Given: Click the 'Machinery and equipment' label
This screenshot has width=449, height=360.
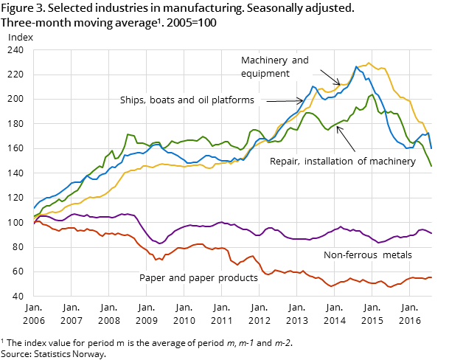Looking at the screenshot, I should pos(274,66).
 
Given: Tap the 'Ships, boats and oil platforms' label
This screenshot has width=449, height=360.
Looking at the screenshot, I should pos(187,100).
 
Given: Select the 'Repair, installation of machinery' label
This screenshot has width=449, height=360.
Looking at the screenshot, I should pos(342,161).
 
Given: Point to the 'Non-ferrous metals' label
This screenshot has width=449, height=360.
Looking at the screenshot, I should pos(367,255).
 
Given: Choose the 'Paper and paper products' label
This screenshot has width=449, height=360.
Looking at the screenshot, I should pos(198,278).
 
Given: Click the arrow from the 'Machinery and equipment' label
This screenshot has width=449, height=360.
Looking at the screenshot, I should pos(330,77).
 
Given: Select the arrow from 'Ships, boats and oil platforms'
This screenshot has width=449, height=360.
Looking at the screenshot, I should pos(284,100).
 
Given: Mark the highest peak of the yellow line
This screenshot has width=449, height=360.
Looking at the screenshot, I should pos(369,63).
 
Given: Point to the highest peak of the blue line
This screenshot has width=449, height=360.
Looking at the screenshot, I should pos(356,67).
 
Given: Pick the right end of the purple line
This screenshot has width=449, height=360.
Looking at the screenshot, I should pos(431,233).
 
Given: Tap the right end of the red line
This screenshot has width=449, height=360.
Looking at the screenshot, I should pos(431,277).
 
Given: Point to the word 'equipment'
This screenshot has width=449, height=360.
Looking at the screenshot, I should pos(265,74).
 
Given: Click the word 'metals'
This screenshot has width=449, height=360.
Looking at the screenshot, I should pos(397,255).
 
